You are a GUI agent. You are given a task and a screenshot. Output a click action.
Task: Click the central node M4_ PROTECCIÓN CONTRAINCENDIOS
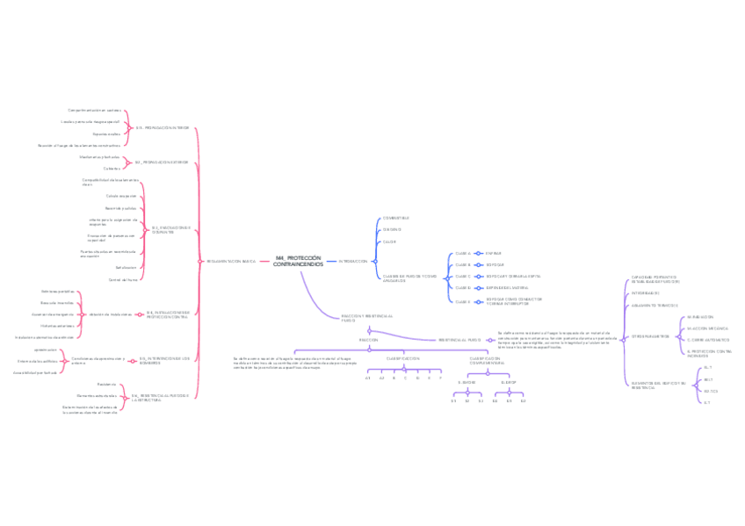[x=298, y=261]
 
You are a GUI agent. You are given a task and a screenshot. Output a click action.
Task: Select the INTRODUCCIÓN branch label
[x=352, y=261]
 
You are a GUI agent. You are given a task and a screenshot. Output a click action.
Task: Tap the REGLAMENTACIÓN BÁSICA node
[x=231, y=261]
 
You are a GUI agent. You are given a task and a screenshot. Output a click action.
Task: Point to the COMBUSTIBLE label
[x=395, y=217]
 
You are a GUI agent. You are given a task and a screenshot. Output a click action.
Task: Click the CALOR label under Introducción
[x=389, y=241]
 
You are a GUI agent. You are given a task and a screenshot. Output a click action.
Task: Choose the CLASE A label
[x=463, y=253]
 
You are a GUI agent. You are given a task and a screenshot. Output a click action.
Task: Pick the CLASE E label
[x=463, y=301]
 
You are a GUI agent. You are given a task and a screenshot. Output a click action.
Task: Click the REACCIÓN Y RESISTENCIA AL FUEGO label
[x=361, y=317]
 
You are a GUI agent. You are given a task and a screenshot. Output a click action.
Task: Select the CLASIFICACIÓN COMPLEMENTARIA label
[x=487, y=360]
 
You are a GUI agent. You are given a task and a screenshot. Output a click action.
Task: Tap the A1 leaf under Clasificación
[x=368, y=378]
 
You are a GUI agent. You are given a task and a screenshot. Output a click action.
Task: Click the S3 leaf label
[x=481, y=400]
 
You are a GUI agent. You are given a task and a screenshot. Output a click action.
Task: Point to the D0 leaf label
[x=495, y=400]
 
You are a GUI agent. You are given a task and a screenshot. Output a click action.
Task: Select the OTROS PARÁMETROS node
[x=649, y=335]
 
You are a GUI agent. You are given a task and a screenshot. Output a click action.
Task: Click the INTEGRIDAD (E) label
[x=645, y=293]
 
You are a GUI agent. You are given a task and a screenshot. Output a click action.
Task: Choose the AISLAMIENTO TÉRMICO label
[x=654, y=305]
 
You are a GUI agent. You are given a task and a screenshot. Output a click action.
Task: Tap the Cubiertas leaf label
[x=112, y=168]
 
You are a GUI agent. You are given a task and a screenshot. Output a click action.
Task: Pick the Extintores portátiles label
[x=57, y=291]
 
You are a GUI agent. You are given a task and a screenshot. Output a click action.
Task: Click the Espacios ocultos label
[x=106, y=133]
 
